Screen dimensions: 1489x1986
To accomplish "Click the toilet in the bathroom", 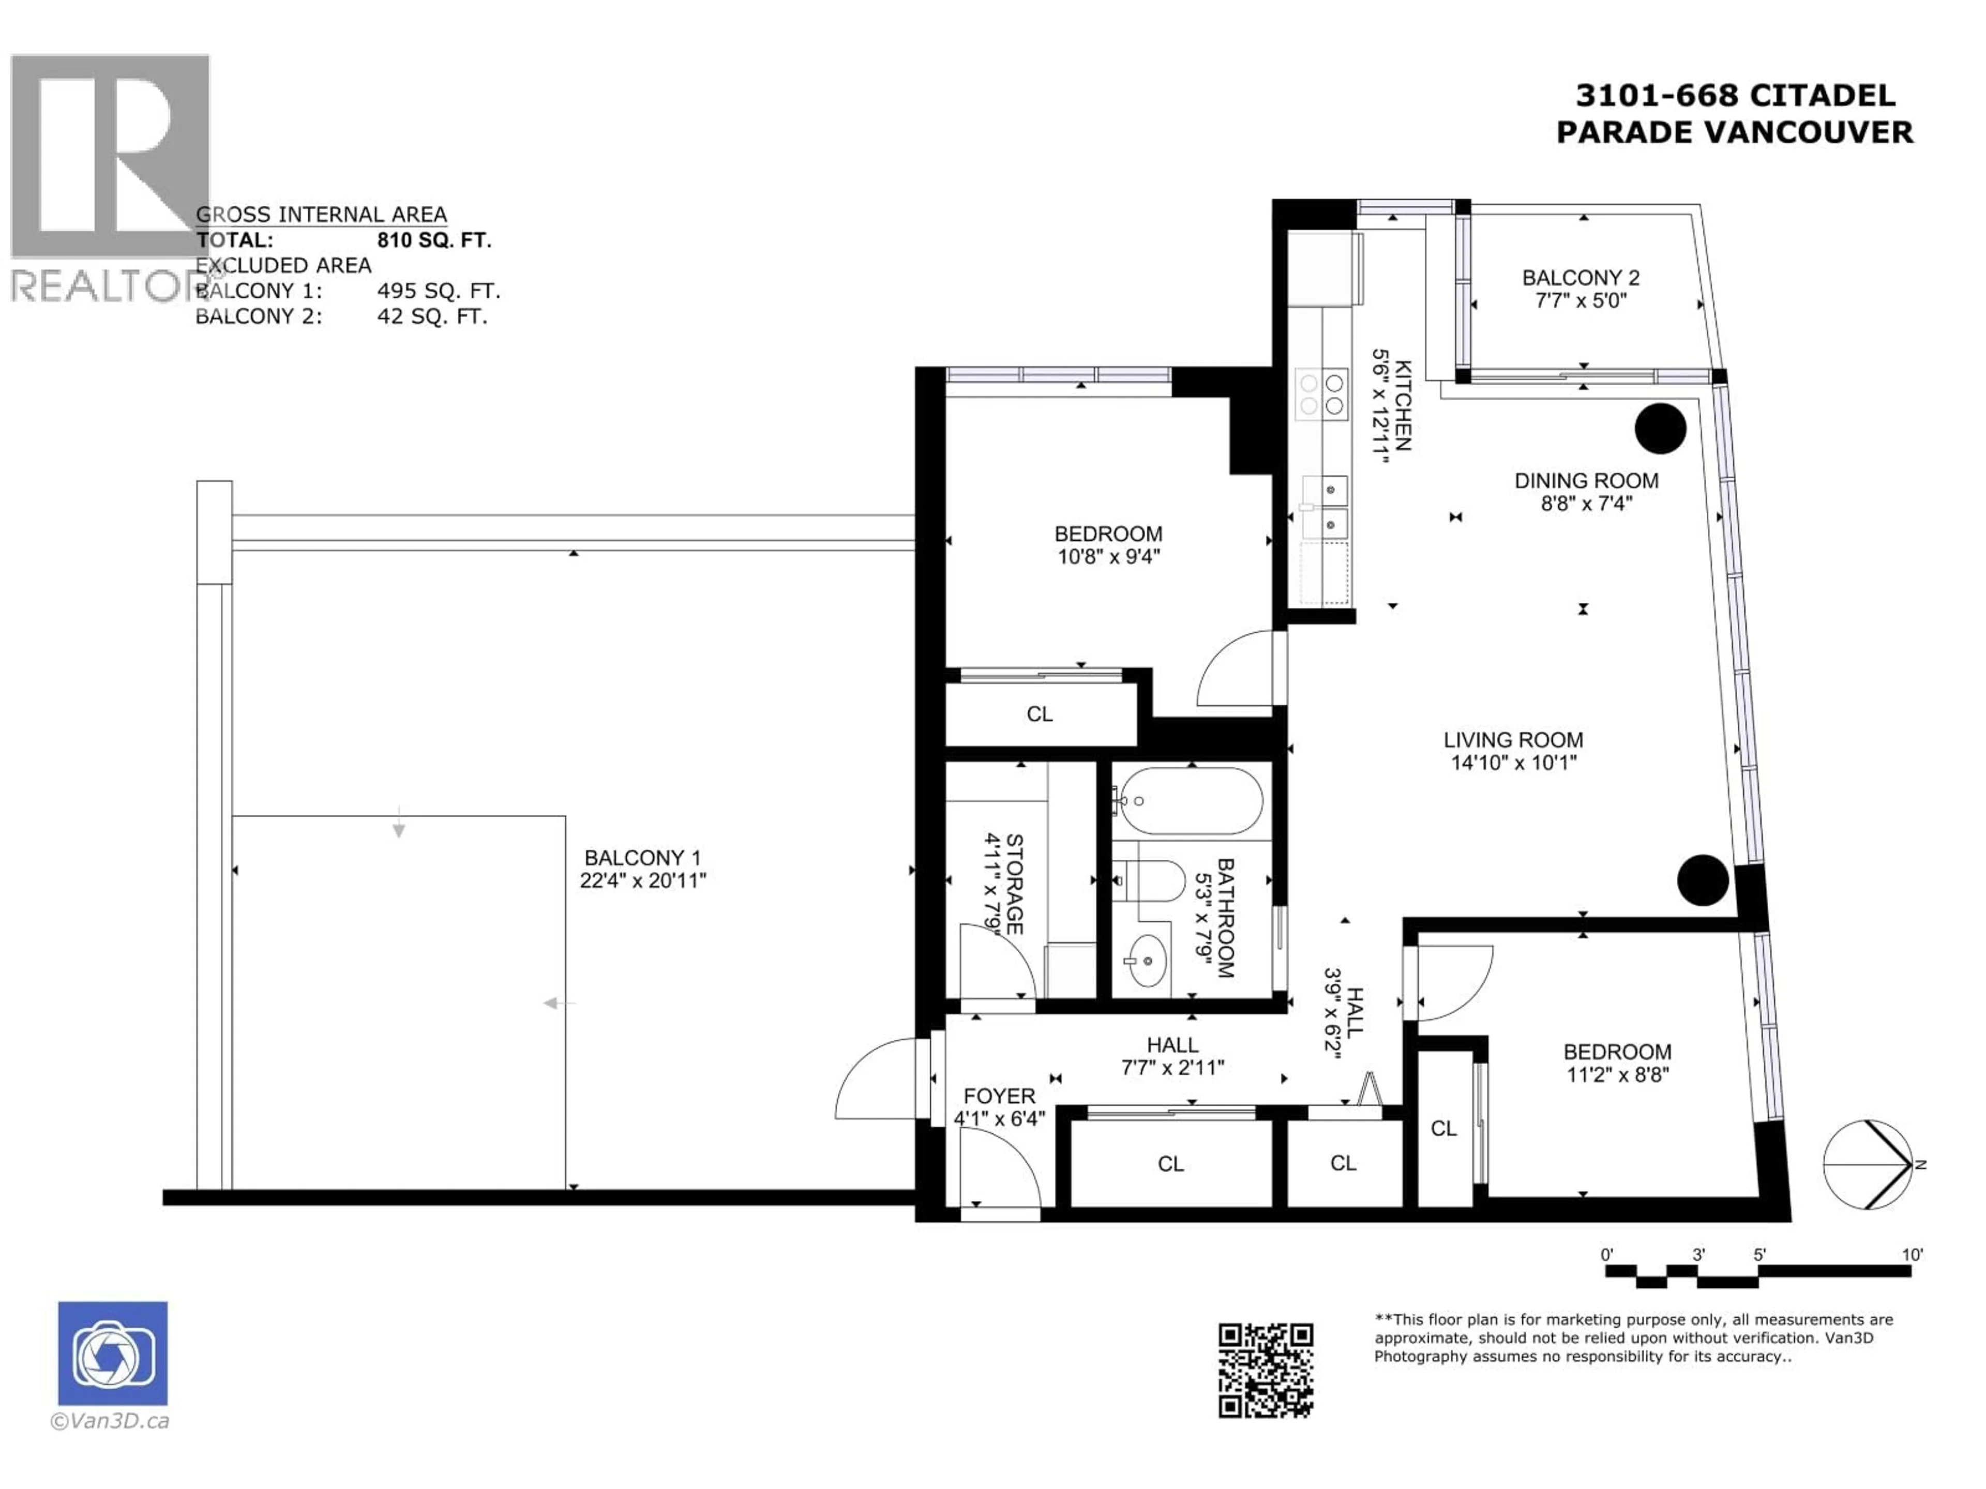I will [1149, 882].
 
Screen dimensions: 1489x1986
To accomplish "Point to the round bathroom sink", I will [1146, 960].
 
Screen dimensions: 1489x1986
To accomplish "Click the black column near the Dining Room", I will [1660, 429].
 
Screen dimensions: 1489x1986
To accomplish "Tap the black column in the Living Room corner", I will [1702, 879].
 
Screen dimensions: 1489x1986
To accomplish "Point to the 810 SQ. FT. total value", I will [433, 240].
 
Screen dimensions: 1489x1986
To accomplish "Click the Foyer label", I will [999, 1097].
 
